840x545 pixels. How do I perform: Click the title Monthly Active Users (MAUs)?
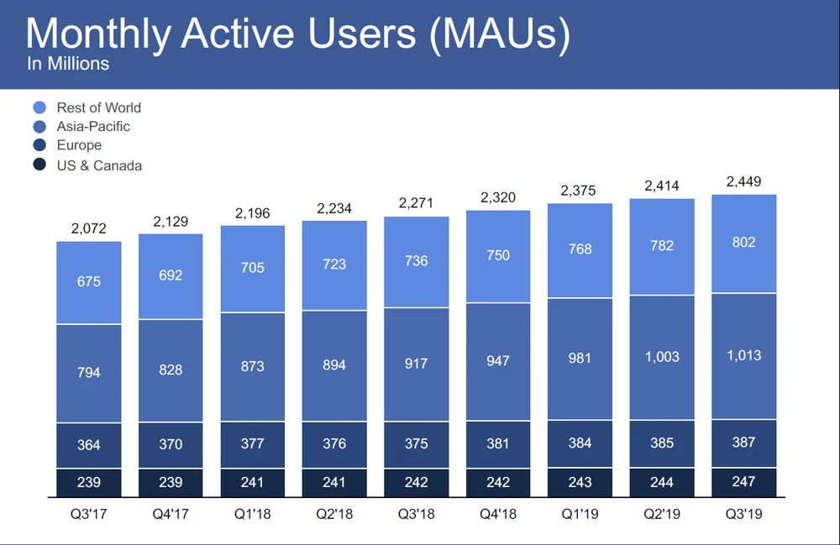[298, 33]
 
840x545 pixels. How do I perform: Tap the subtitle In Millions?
[68, 63]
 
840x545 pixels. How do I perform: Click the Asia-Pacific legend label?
[93, 127]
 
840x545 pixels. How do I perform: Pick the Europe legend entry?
[79, 146]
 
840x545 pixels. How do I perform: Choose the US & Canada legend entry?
[99, 165]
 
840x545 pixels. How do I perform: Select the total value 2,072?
[88, 229]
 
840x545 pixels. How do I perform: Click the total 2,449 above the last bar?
[743, 182]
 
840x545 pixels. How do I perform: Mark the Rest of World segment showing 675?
[88, 282]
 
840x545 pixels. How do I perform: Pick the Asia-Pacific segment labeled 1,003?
[662, 357]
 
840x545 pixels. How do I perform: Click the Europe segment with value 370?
[171, 444]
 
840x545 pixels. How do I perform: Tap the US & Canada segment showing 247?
[743, 481]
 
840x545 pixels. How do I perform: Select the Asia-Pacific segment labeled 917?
[416, 364]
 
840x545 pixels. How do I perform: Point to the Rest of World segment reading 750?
[498, 255]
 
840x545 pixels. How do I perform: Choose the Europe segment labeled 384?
[580, 443]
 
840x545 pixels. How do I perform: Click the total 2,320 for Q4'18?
[498, 198]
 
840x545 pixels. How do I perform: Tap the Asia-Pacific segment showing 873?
[252, 366]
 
